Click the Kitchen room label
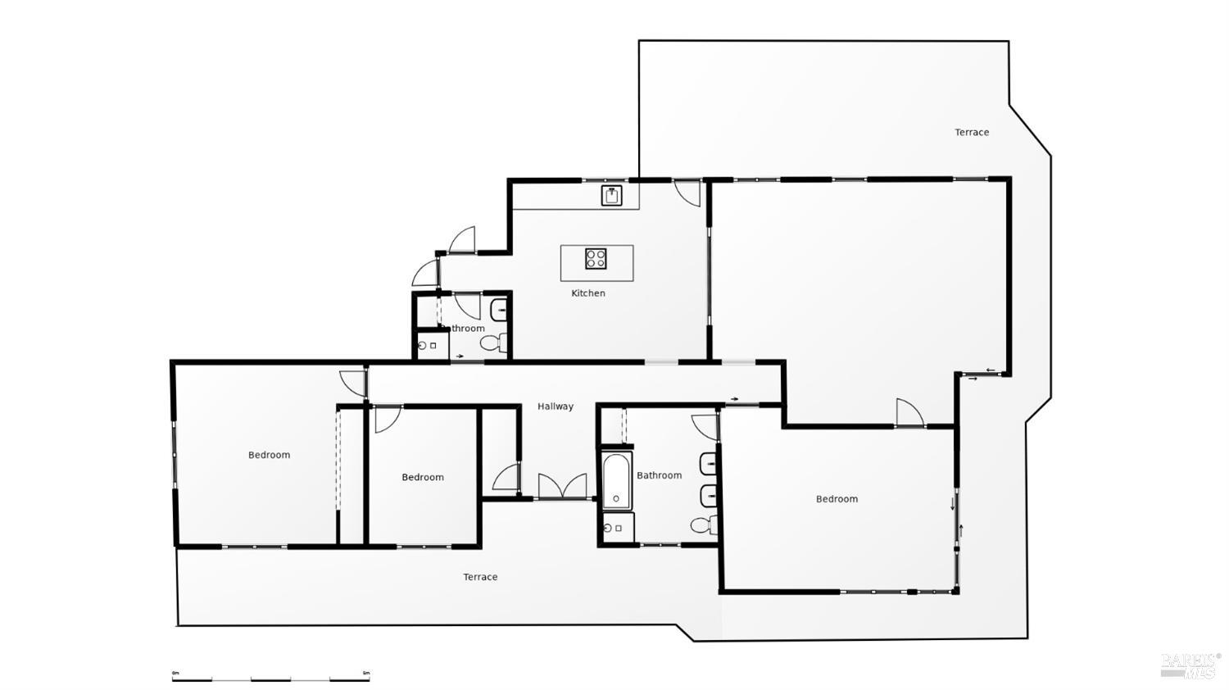click(x=588, y=293)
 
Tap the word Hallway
click(x=556, y=406)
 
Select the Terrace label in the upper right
click(x=972, y=132)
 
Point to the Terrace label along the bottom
click(x=480, y=577)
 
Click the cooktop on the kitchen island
click(x=596, y=259)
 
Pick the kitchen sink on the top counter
click(x=612, y=196)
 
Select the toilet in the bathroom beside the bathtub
click(x=702, y=524)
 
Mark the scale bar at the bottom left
click(x=270, y=676)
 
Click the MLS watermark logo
click(x=1190, y=665)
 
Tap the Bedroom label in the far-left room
click(x=270, y=455)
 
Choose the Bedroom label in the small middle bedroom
click(x=423, y=477)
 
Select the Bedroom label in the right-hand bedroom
click(x=837, y=499)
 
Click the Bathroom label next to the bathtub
click(x=659, y=475)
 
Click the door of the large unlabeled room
click(x=909, y=414)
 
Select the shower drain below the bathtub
click(x=608, y=529)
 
